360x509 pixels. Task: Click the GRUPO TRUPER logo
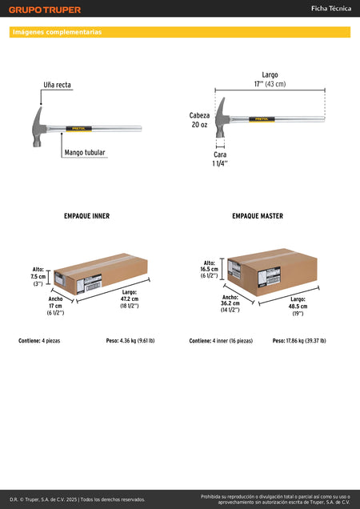(x=45, y=10)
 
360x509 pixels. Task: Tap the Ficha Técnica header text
(x=331, y=9)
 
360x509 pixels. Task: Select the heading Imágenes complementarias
(x=57, y=32)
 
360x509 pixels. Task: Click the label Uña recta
(x=57, y=85)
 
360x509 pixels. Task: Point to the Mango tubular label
(x=85, y=153)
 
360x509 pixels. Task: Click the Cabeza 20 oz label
(x=199, y=120)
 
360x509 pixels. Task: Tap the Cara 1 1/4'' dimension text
(x=220, y=159)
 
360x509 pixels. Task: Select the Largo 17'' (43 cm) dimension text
(x=270, y=79)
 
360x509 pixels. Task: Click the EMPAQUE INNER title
(x=86, y=216)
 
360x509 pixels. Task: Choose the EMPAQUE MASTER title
(x=258, y=216)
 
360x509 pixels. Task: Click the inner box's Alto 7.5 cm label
(x=38, y=277)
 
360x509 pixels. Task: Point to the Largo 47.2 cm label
(x=130, y=299)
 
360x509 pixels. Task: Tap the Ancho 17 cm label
(x=55, y=306)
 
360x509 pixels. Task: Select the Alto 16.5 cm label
(x=209, y=269)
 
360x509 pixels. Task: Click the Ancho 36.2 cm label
(x=230, y=303)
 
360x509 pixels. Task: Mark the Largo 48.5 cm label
(x=298, y=307)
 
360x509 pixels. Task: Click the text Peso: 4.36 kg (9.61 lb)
(x=130, y=341)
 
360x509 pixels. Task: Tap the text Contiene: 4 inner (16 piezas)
(x=221, y=341)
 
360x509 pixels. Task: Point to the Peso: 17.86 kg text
(x=299, y=341)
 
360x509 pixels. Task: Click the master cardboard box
(x=272, y=272)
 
